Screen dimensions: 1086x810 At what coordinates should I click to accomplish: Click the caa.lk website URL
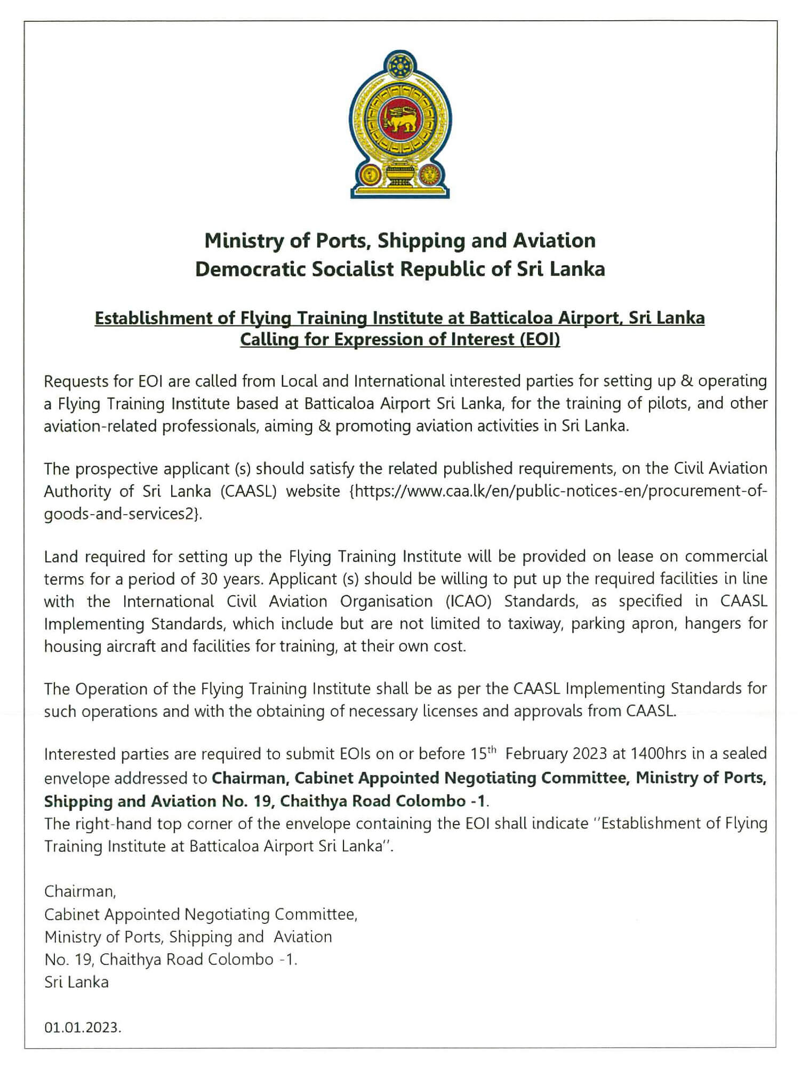(558, 491)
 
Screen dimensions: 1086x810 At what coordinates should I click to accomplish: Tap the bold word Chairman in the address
(248, 778)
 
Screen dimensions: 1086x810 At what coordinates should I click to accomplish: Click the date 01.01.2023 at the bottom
(83, 1028)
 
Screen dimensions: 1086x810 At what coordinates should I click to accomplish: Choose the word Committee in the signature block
(316, 915)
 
